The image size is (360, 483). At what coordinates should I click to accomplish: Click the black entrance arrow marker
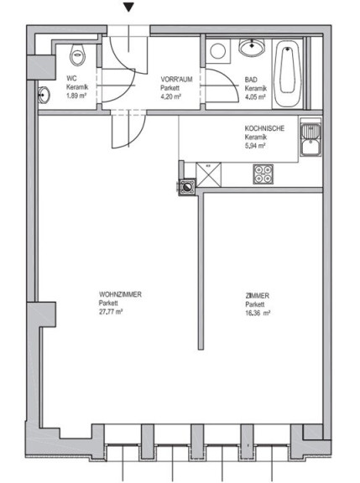[x=128, y=7]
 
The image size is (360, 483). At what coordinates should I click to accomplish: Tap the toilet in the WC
[x=77, y=55]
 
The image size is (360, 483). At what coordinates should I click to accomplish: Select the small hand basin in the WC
[x=44, y=95]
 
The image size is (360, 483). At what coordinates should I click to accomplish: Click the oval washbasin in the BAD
[x=252, y=48]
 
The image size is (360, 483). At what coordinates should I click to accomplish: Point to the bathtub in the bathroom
[x=288, y=74]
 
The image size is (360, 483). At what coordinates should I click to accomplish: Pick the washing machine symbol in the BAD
[x=218, y=51]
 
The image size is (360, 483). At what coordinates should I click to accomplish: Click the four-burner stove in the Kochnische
[x=263, y=174]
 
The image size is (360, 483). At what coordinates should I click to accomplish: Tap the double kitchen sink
[x=310, y=138]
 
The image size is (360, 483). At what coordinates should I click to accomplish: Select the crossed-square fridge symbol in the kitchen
[x=209, y=174]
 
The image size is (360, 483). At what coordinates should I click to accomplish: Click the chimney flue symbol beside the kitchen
[x=186, y=186]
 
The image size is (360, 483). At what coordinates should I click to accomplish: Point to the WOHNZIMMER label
[x=120, y=294]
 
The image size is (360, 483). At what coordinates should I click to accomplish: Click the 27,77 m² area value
[x=111, y=312]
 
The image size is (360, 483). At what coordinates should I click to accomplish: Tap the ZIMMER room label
[x=258, y=296]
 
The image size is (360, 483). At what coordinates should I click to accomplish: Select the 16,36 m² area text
[x=258, y=314]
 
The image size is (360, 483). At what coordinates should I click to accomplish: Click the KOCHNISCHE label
[x=264, y=128]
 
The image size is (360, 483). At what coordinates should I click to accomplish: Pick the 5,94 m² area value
[x=255, y=146]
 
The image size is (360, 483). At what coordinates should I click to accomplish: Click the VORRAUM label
[x=176, y=80]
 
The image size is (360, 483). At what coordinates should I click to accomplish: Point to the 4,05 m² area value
[x=255, y=97]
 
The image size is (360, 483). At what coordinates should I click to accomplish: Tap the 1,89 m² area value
[x=76, y=96]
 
